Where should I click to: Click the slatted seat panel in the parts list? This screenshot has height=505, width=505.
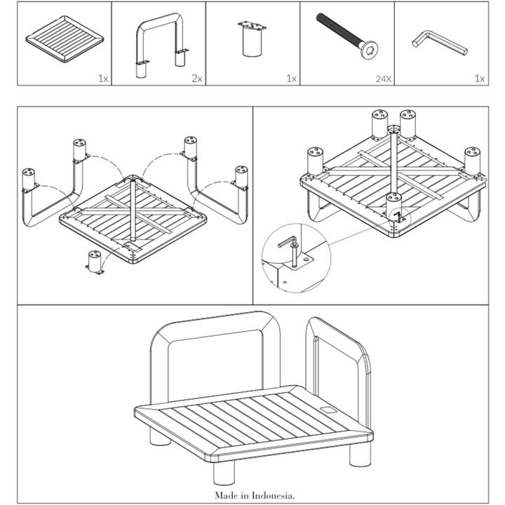click(65, 43)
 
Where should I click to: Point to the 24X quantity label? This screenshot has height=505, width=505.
click(382, 79)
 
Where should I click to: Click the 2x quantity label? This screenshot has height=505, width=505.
click(196, 79)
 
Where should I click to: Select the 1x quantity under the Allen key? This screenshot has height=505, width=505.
click(480, 79)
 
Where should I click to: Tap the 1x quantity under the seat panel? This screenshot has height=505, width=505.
click(104, 79)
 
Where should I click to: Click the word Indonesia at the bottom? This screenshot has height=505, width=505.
click(273, 495)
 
